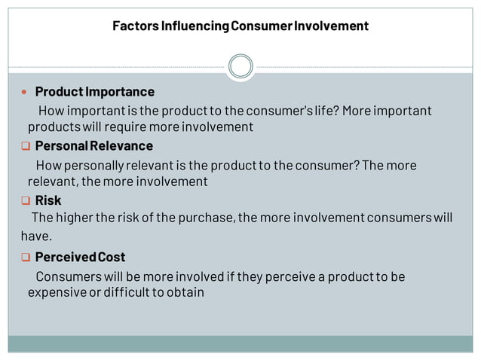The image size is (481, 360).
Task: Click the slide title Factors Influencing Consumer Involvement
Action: click(240, 26)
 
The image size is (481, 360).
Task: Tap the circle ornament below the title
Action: click(240, 66)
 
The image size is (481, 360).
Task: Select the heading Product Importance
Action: click(94, 92)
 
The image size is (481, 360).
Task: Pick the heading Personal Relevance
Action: click(93, 145)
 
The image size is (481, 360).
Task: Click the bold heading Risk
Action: click(48, 200)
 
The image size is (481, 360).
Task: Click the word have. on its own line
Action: click(36, 236)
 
